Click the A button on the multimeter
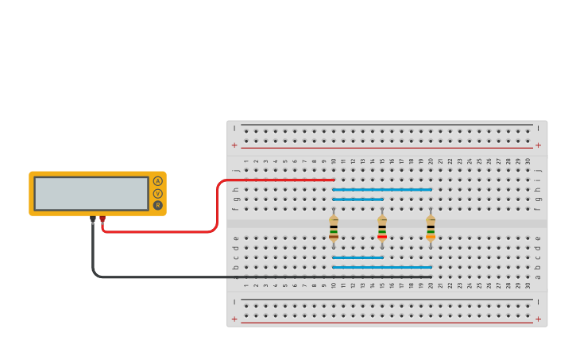click(x=157, y=181)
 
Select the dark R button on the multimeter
click(x=157, y=205)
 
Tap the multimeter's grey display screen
click(x=91, y=193)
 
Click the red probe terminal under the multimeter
click(x=102, y=219)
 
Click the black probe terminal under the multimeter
click(x=93, y=219)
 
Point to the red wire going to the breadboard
click(x=216, y=207)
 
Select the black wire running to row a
click(x=238, y=277)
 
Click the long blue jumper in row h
click(x=382, y=189)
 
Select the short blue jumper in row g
click(x=358, y=199)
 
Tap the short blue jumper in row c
click(x=358, y=257)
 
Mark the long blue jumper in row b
click(x=382, y=267)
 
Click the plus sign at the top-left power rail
click(x=234, y=145)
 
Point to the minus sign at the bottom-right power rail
click(x=538, y=301)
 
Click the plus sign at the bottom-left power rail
click(x=234, y=319)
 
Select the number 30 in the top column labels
click(x=528, y=161)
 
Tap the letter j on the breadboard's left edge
click(x=236, y=170)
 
